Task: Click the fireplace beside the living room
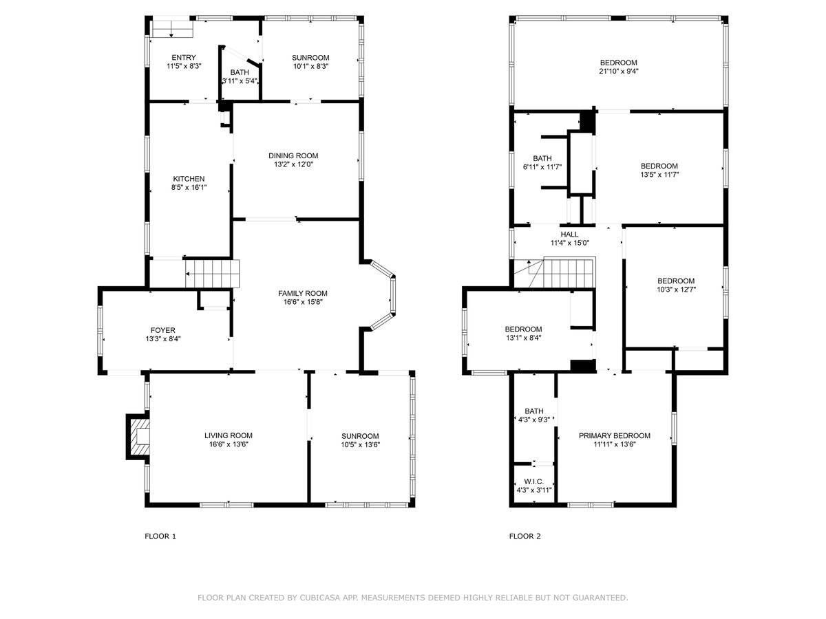click(x=138, y=436)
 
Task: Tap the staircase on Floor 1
click(x=213, y=274)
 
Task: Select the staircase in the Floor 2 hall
click(x=569, y=272)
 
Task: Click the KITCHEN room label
click(x=189, y=179)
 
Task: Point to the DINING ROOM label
click(x=293, y=155)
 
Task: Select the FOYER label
click(x=163, y=329)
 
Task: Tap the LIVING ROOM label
click(x=228, y=435)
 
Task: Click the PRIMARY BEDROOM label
click(x=614, y=435)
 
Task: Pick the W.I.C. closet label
click(x=534, y=481)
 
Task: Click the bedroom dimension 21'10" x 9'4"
click(x=618, y=71)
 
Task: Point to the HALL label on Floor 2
click(x=569, y=234)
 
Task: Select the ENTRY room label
click(x=184, y=58)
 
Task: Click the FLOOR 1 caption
click(x=160, y=536)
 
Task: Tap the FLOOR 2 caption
click(x=525, y=536)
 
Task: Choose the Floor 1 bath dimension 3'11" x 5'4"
click(x=240, y=81)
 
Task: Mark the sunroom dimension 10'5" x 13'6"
click(x=360, y=444)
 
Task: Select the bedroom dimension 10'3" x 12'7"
click(x=675, y=290)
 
